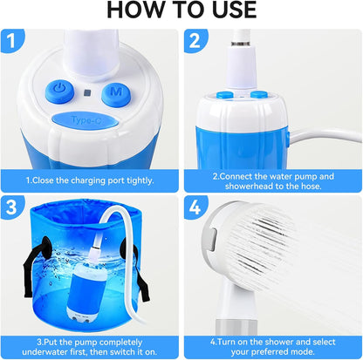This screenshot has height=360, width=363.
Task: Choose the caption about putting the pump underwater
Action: [90, 342]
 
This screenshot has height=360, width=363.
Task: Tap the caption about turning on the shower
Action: [272, 342]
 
